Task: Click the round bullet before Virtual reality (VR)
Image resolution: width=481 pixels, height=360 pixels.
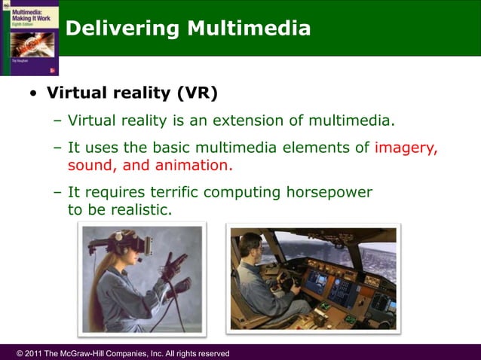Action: coord(32,95)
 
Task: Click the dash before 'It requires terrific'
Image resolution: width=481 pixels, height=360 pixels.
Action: coord(58,192)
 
